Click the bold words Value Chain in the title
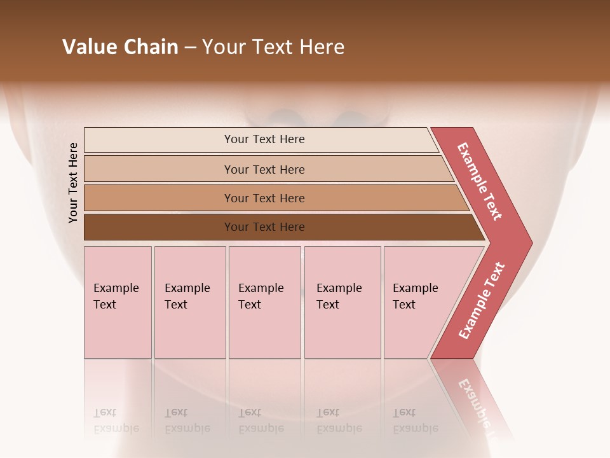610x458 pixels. click(120, 47)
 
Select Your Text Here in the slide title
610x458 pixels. click(273, 47)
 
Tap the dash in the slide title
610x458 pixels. click(190, 48)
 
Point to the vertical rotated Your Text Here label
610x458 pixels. click(73, 183)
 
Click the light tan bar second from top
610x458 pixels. click(264, 169)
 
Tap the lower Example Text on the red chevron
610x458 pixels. click(482, 300)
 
